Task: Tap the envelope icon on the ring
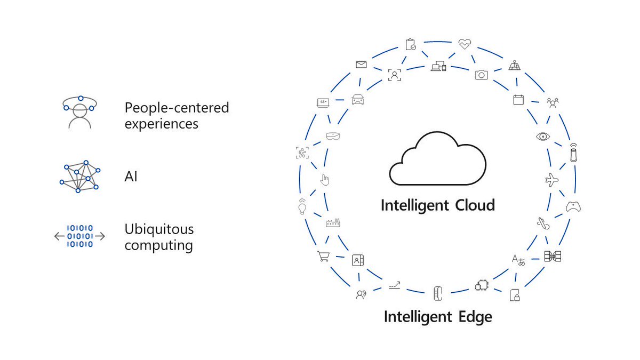point(361,65)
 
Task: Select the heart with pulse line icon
point(465,44)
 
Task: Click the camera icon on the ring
point(481,75)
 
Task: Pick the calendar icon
point(518,99)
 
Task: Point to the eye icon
point(543,137)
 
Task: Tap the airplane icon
point(552,180)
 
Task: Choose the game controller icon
point(573,207)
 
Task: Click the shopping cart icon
point(323,257)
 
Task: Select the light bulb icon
point(302,206)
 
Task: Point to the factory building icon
point(333,223)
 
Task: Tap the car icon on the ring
point(357,99)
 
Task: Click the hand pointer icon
point(324,180)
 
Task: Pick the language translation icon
point(518,260)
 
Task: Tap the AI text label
point(131,177)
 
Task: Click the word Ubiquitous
point(159,230)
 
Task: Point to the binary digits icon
point(79,236)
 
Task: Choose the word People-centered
point(177,108)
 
